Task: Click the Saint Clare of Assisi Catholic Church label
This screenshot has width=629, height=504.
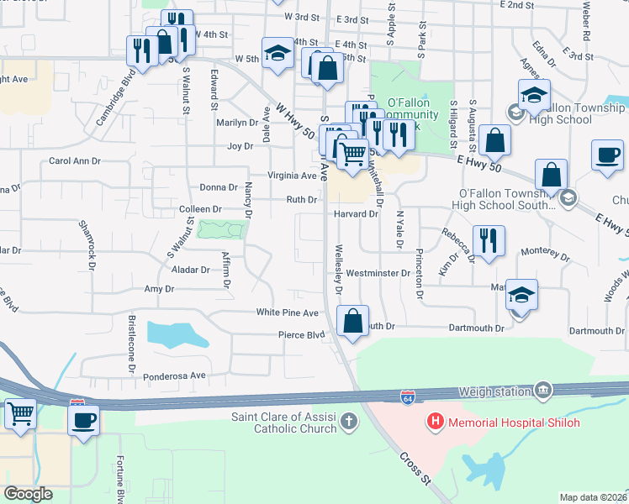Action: click(x=284, y=423)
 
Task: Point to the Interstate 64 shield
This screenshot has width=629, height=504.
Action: click(x=407, y=394)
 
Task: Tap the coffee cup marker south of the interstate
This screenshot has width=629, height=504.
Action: click(x=83, y=419)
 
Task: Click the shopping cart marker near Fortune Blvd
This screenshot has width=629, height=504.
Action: click(x=19, y=412)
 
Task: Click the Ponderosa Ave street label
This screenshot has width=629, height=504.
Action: click(x=174, y=375)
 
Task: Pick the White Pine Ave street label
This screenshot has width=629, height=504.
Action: click(x=288, y=312)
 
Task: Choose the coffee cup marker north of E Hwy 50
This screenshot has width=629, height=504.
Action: click(x=607, y=155)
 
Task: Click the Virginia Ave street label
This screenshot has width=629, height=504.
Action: click(x=292, y=176)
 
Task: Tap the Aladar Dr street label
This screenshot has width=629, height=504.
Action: click(x=193, y=270)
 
